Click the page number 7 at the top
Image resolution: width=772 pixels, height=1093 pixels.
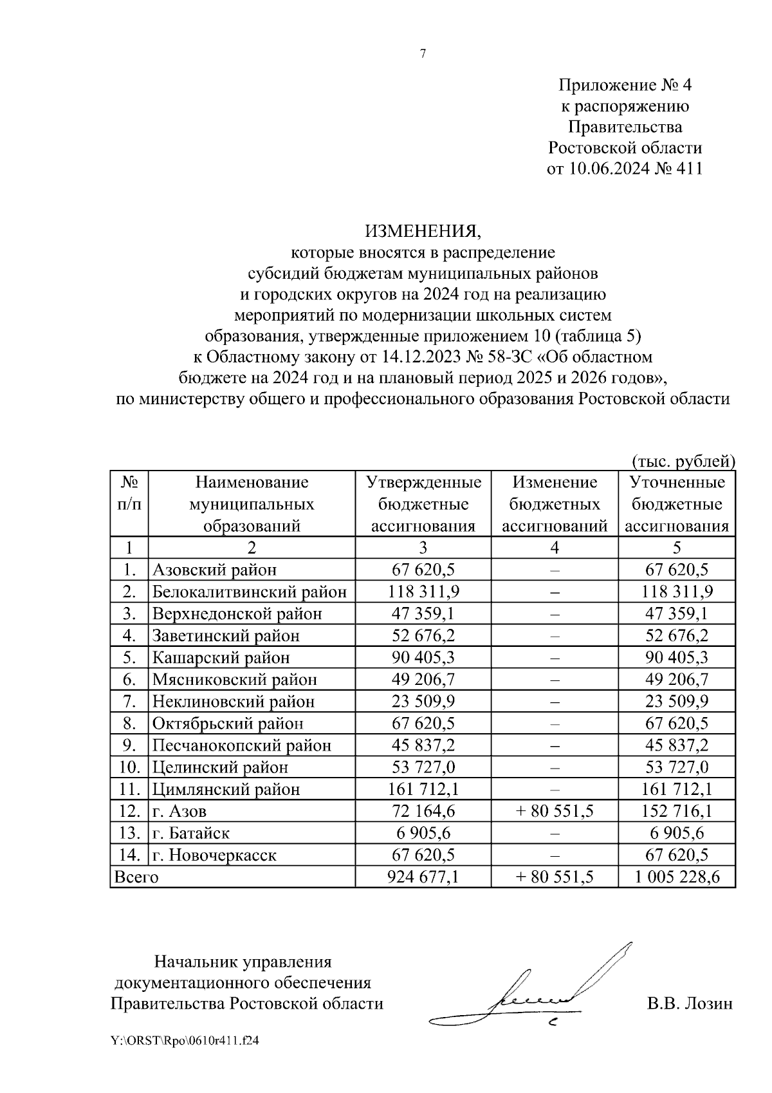click(423, 54)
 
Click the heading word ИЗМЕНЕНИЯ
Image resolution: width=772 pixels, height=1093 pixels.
click(423, 231)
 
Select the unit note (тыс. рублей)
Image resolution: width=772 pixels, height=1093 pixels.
click(683, 461)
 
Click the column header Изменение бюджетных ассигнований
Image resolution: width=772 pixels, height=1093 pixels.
click(555, 504)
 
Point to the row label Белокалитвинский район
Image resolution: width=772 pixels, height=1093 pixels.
click(250, 592)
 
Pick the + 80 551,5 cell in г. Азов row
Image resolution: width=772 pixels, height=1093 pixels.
click(555, 811)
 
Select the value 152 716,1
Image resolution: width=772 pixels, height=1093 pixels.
click(677, 811)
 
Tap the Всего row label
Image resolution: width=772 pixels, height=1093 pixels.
click(136, 877)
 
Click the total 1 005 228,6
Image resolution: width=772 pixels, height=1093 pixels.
click(677, 877)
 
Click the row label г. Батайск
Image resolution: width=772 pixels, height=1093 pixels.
click(191, 833)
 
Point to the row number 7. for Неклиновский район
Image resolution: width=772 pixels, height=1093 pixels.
click(129, 702)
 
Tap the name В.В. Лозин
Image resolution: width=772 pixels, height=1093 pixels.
click(690, 1004)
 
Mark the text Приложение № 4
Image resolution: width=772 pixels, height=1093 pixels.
click(624, 86)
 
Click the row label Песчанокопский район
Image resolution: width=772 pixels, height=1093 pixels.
click(242, 745)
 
